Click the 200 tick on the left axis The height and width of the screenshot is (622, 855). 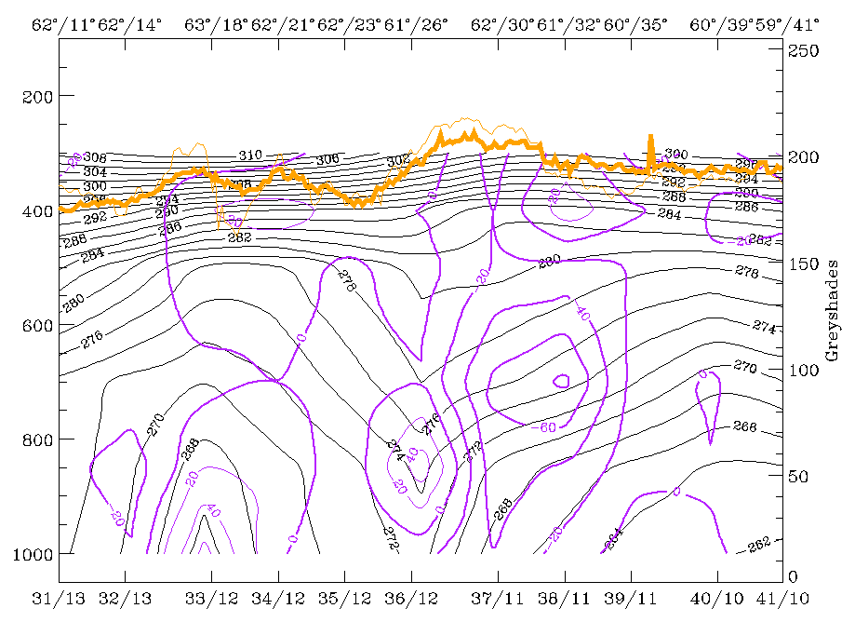point(34,96)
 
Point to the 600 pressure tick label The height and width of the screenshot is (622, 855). point(34,325)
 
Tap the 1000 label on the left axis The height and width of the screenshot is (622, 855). point(30,554)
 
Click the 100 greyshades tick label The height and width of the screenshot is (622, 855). point(803,371)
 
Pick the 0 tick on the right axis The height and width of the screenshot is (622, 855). point(793,577)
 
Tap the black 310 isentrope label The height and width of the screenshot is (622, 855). point(250,155)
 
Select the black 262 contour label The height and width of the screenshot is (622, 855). point(759,544)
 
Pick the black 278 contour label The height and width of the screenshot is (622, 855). point(347,282)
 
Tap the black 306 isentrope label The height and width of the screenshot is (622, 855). point(327,160)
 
